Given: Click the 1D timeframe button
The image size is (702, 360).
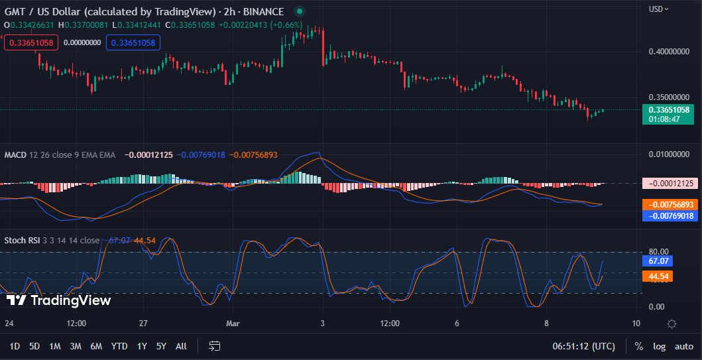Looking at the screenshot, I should click(x=15, y=346).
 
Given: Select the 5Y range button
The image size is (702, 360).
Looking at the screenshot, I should click(x=161, y=346).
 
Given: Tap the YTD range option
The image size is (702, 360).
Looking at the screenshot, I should click(x=119, y=346).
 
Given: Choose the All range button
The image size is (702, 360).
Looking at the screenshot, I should click(x=181, y=346).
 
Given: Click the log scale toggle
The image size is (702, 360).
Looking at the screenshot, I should click(x=659, y=346).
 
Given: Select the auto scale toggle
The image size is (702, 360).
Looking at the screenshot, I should click(x=683, y=346).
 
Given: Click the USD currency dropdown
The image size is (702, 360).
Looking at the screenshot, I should click(x=659, y=9).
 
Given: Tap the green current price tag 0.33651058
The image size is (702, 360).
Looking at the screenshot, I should click(x=669, y=110).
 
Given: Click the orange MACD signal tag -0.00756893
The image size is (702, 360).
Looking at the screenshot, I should click(x=670, y=204).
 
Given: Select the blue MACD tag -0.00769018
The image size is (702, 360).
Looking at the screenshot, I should click(x=670, y=215).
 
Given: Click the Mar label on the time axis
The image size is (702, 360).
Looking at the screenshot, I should click(x=233, y=324).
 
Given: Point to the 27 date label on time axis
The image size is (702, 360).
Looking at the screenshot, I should click(x=143, y=324).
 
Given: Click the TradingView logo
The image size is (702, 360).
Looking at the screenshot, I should click(x=58, y=300).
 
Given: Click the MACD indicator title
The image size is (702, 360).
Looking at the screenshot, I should click(x=15, y=155).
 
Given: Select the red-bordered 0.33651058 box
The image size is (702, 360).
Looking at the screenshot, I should click(x=31, y=42).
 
